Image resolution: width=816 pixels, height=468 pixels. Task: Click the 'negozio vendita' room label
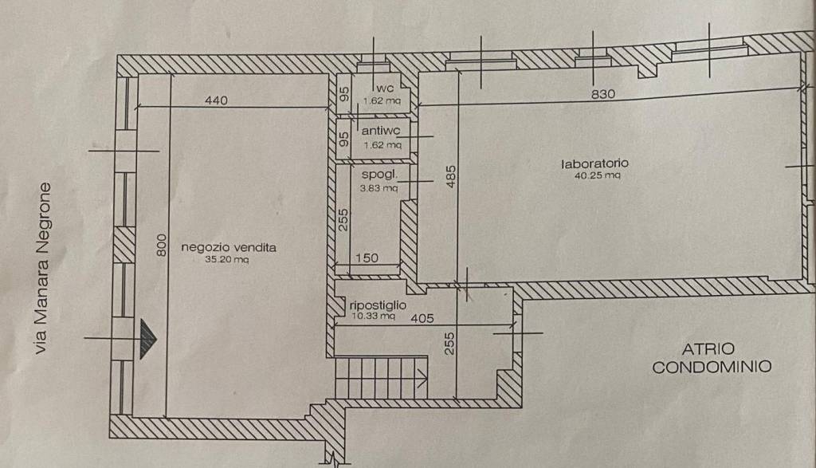(229, 247)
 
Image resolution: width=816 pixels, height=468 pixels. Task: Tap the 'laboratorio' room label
(590, 163)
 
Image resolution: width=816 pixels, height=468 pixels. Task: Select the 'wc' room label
(386, 88)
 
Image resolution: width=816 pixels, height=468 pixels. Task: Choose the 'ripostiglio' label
(379, 305)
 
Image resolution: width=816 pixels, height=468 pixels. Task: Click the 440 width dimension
(216, 100)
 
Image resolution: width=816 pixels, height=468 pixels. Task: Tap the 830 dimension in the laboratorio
(603, 94)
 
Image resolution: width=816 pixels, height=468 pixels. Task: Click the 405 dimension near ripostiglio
(422, 318)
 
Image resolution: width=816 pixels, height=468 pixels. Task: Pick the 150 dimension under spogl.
(367, 258)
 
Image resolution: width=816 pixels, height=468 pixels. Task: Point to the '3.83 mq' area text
(379, 188)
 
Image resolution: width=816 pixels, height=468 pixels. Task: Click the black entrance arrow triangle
(148, 339)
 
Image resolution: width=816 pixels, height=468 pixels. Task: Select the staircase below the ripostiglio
(381, 378)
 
